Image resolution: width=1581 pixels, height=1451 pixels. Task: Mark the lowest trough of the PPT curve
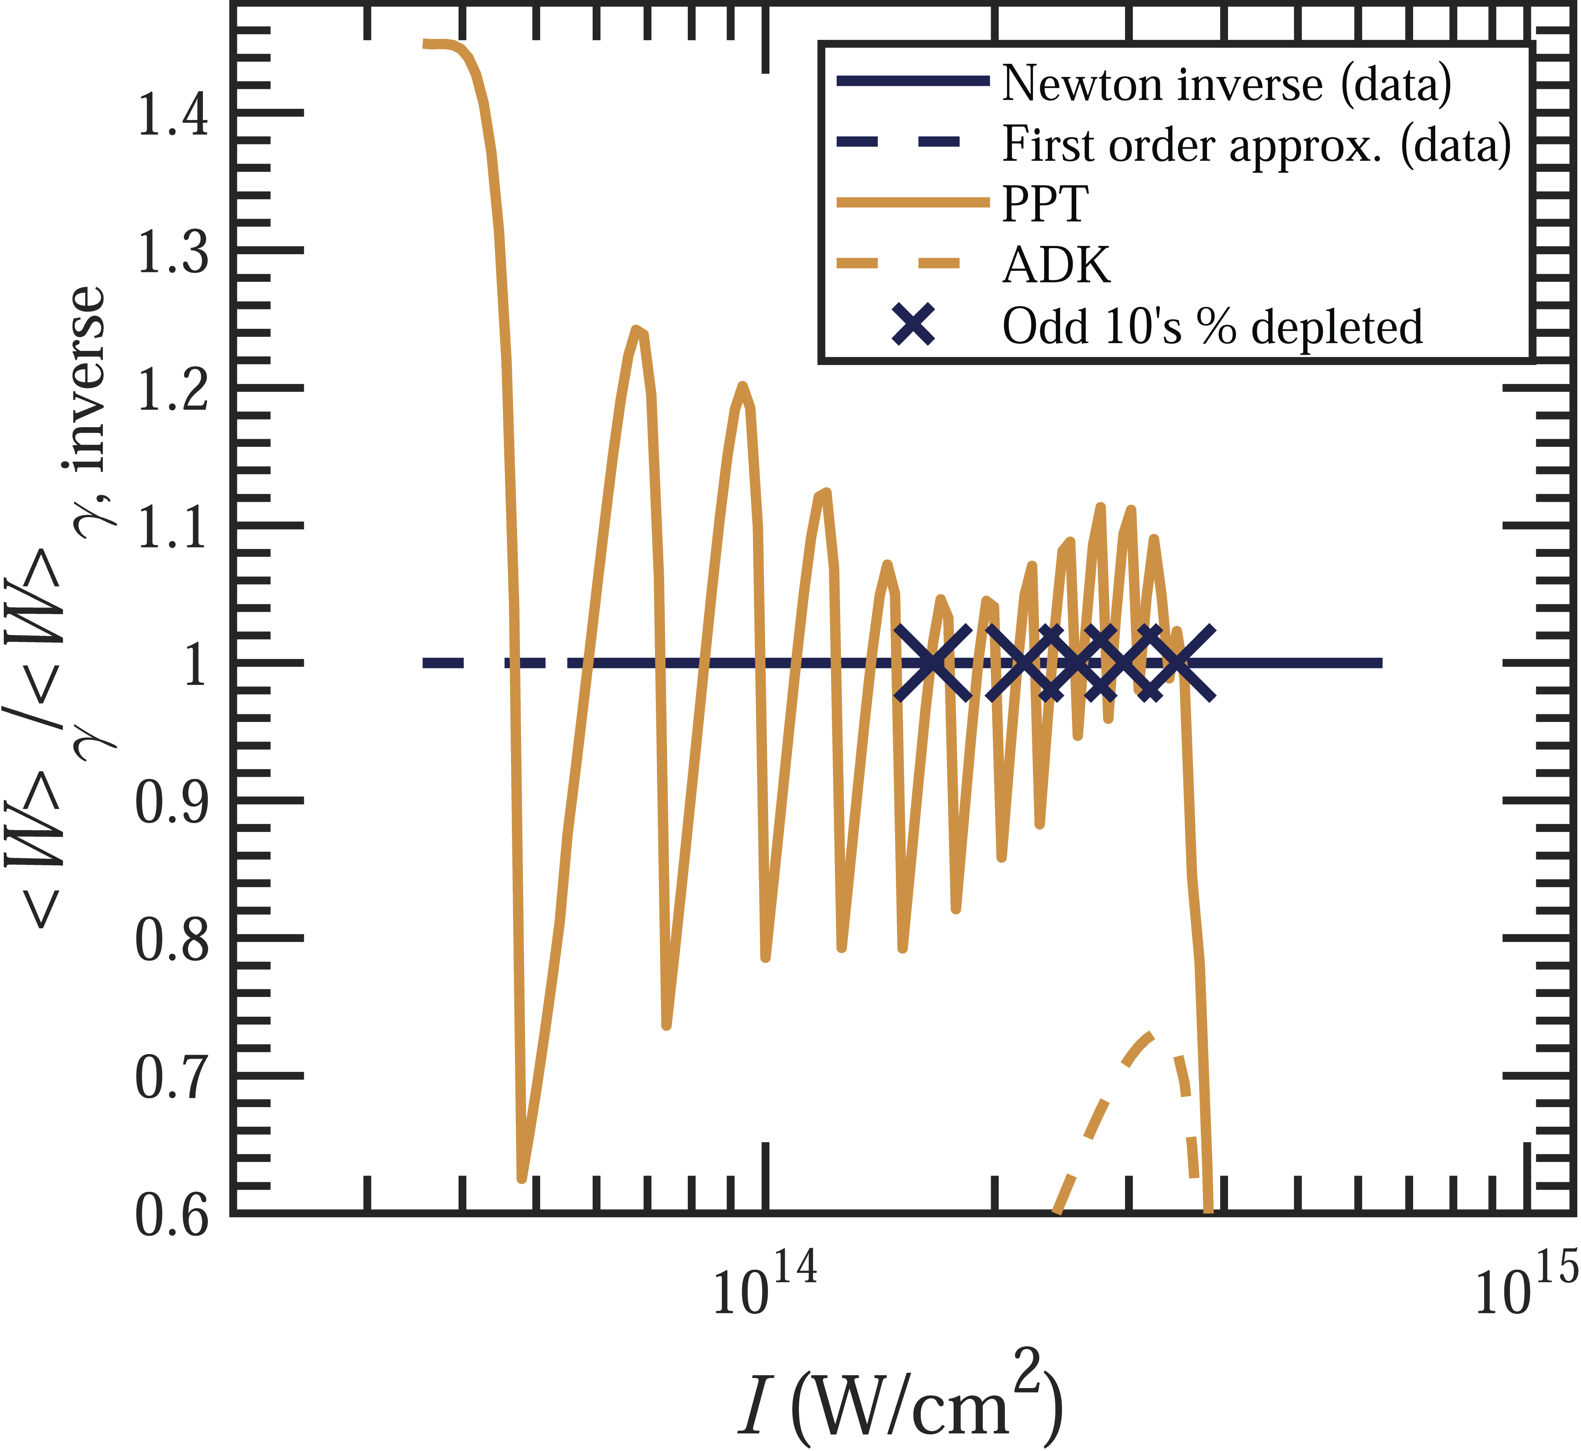[522, 1178]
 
